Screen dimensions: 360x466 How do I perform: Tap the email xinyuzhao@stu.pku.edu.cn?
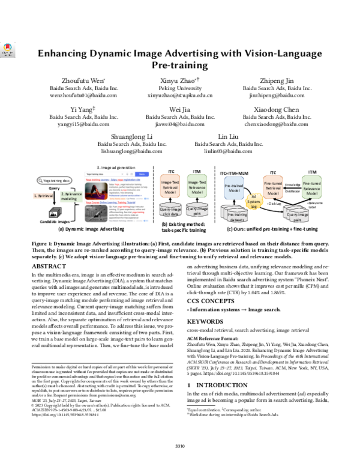(x=180, y=95)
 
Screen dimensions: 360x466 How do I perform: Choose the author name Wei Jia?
(x=180, y=109)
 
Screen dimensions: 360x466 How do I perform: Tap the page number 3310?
(x=179, y=445)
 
